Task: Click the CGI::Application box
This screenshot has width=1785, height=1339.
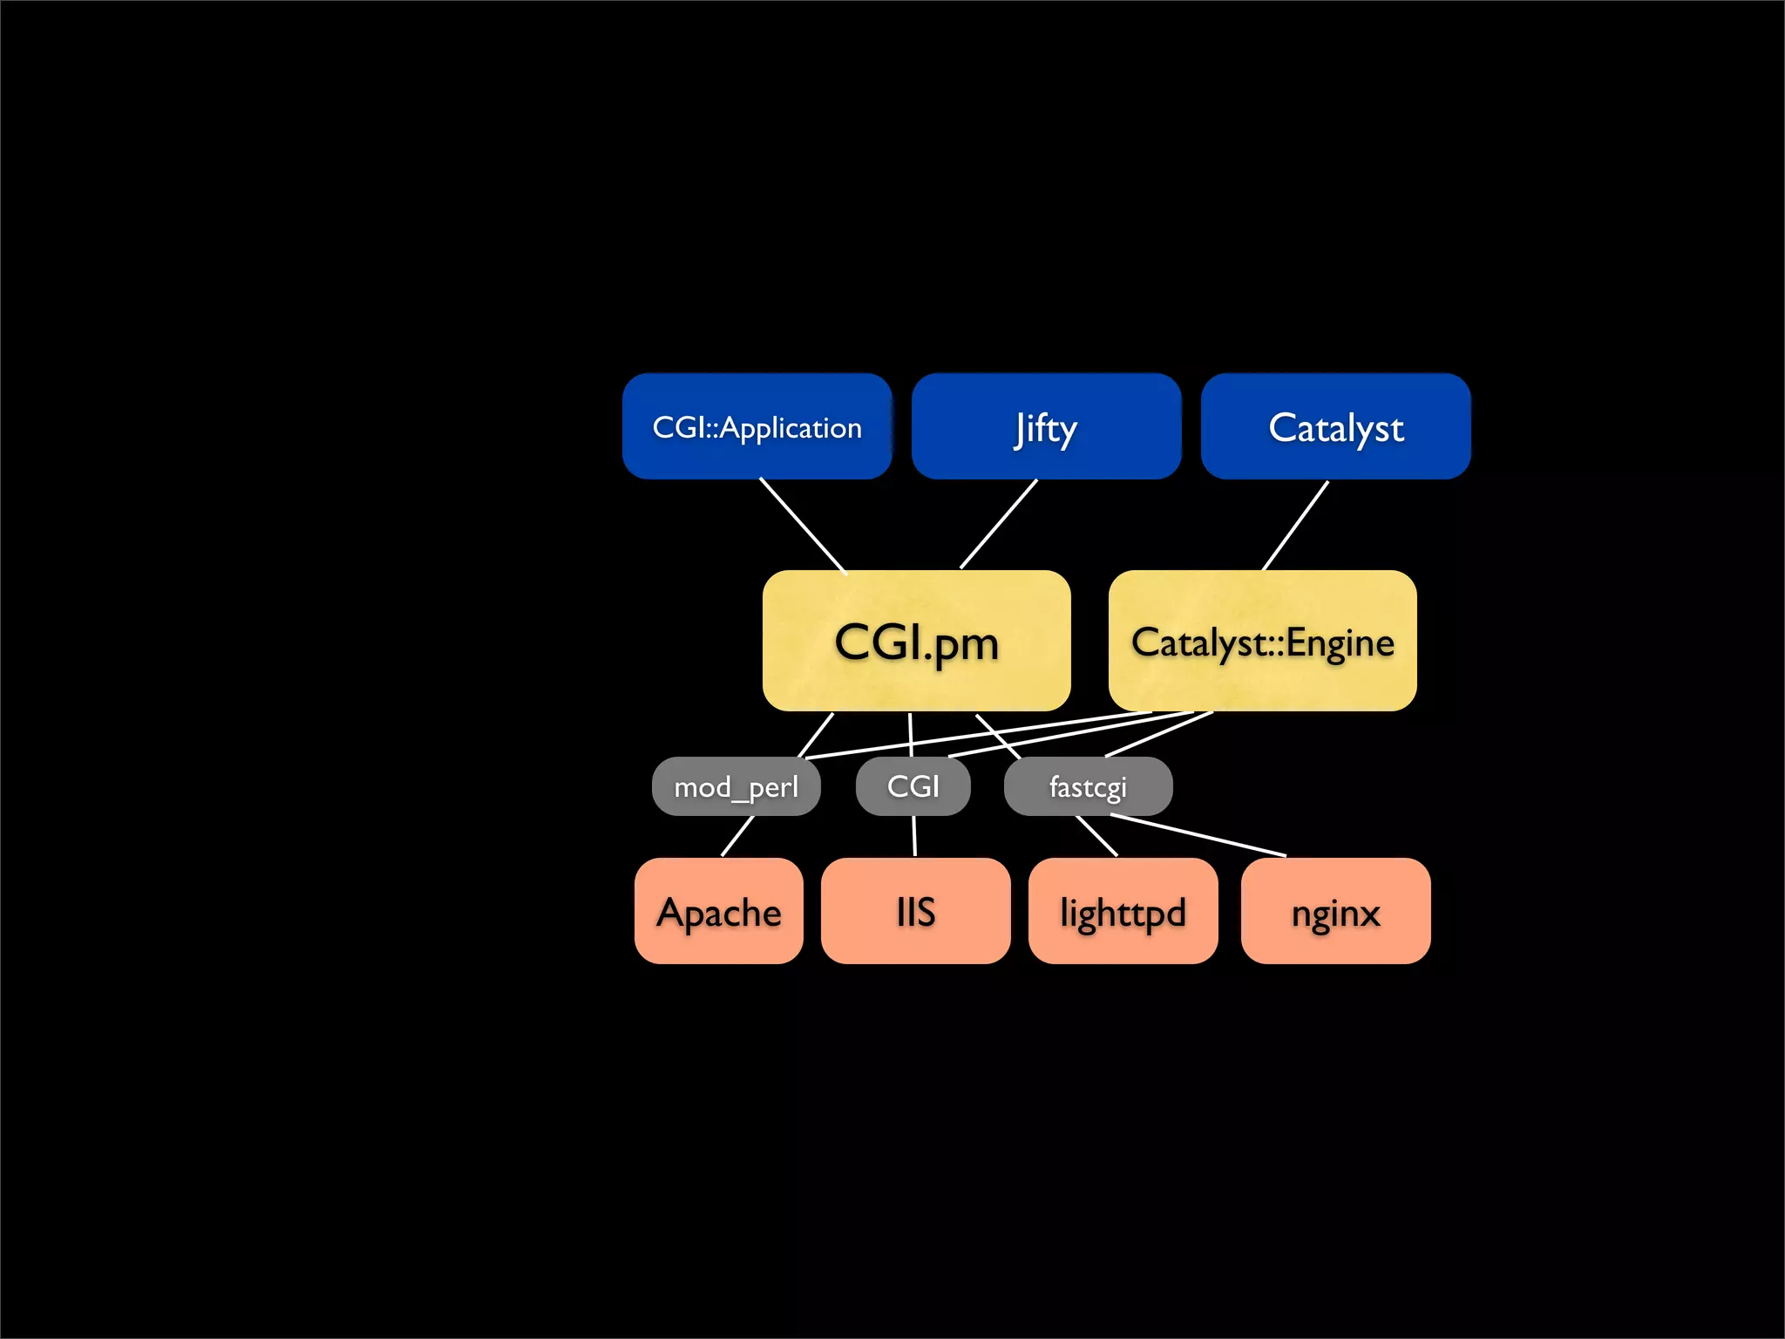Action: (x=757, y=427)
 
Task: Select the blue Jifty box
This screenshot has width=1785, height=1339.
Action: (x=1046, y=427)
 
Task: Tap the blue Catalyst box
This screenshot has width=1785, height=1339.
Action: (x=1335, y=427)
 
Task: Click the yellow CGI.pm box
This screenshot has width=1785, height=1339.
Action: (x=916, y=642)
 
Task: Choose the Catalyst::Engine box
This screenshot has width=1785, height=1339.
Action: (x=1262, y=642)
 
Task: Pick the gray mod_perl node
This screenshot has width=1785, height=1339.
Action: (x=736, y=787)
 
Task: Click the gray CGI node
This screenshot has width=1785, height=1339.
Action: (x=913, y=787)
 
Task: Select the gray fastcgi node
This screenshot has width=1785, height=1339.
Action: (x=1088, y=787)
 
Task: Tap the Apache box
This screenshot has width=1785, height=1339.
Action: (x=719, y=912)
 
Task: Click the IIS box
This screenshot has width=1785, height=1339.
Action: (x=915, y=912)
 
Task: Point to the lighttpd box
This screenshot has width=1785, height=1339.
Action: (x=1123, y=912)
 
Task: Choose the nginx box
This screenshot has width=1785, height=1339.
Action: (x=1335, y=912)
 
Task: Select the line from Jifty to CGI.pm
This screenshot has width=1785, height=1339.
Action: (x=999, y=524)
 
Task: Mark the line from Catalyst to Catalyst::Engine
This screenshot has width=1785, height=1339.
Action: (x=1295, y=526)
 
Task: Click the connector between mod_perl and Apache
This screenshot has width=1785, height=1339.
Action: (x=737, y=836)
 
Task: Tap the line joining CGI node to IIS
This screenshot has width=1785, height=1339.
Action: (x=914, y=836)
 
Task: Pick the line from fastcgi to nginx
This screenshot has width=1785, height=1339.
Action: (x=1198, y=835)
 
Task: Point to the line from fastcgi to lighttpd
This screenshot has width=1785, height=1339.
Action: (x=1097, y=836)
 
